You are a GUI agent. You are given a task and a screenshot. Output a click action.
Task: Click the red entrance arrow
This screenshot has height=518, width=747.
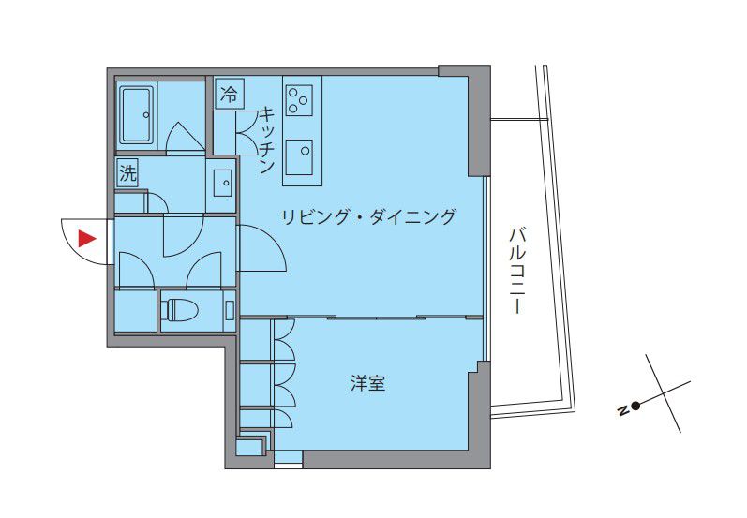point(87,238)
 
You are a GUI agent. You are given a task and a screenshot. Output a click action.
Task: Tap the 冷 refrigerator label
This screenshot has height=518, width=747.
point(228,94)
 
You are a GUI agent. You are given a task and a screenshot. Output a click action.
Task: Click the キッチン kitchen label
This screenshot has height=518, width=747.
point(266,141)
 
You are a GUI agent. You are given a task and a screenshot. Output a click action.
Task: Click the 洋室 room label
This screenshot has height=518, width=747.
point(368,383)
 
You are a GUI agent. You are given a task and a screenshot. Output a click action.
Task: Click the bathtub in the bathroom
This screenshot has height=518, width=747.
point(137,115)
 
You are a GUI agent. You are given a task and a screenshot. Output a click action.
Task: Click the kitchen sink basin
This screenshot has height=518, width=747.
point(300,155)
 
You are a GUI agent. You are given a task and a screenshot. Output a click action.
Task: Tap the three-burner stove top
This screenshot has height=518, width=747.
point(300,99)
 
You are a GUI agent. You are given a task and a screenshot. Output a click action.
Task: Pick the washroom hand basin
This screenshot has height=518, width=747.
point(223,183)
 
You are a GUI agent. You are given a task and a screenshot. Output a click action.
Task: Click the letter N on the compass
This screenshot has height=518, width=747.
point(621,410)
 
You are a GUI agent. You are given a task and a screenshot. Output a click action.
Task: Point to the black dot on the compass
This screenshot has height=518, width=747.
point(635,406)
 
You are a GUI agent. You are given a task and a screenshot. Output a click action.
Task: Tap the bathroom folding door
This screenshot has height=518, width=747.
point(186,139)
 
